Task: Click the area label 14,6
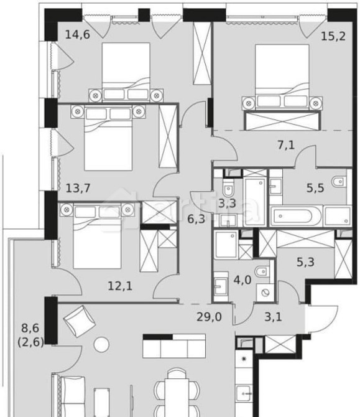tap(78, 34)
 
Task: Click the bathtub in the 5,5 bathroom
tap(297, 218)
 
